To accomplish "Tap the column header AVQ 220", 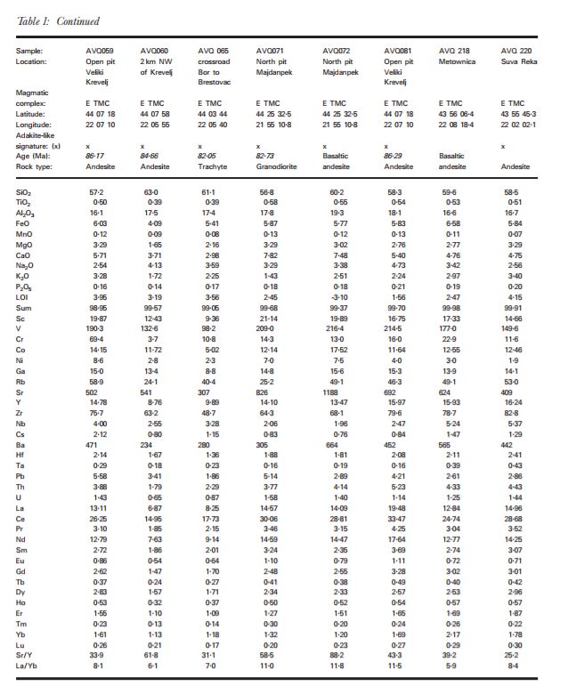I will pyautogui.click(x=516, y=51).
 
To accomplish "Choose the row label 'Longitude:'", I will pyautogui.click(x=34, y=124).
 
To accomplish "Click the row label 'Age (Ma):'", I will pyautogui.click(x=32, y=155).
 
